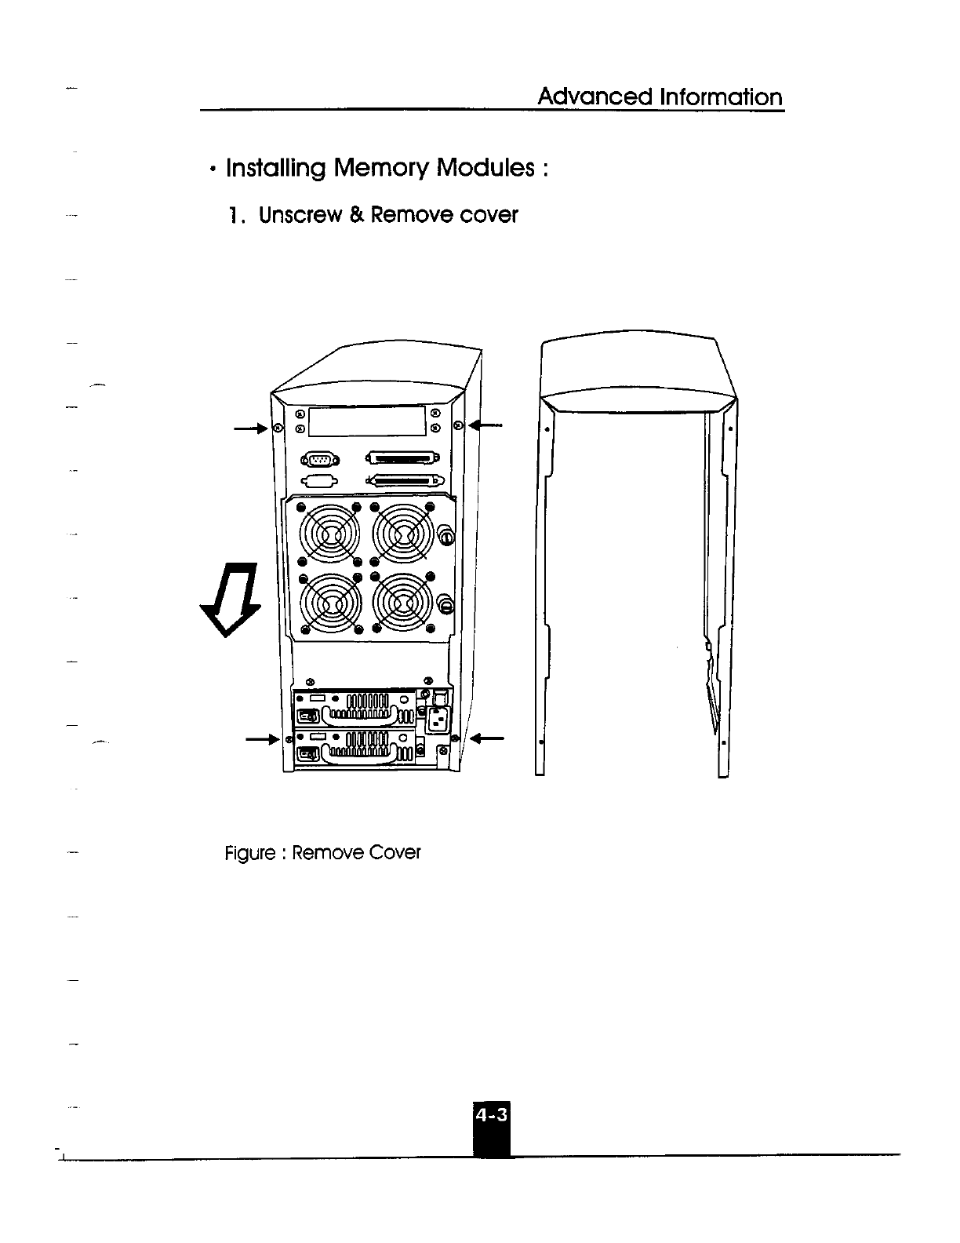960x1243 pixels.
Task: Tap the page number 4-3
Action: click(x=492, y=1114)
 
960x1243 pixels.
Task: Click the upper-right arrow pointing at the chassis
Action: click(x=488, y=426)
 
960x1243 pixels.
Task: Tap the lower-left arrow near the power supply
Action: click(x=262, y=738)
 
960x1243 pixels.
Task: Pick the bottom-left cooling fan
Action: click(x=329, y=603)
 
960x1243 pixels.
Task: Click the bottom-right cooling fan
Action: click(x=403, y=603)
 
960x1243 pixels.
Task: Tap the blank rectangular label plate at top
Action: click(x=367, y=421)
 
